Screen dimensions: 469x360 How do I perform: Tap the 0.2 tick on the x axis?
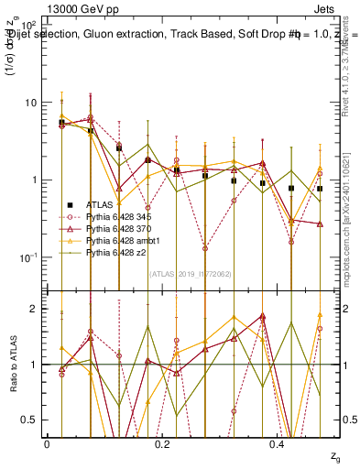point(162,444)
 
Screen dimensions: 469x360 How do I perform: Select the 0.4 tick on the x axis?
point(278,444)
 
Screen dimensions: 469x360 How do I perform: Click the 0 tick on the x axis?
point(47,444)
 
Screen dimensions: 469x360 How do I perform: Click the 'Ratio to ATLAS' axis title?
point(13,365)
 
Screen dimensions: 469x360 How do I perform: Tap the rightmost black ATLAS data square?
point(320,189)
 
